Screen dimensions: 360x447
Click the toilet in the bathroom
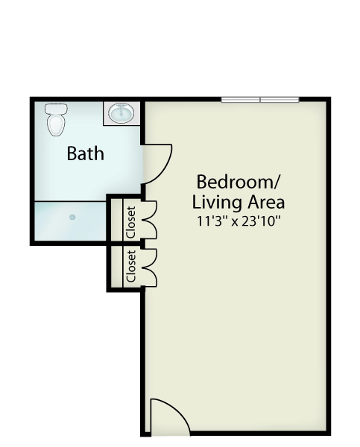[56, 120]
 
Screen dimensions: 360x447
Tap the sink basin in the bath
[121, 113]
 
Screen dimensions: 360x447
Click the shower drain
[72, 218]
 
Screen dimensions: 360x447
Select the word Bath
[85, 153]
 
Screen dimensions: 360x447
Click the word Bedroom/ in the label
[239, 182]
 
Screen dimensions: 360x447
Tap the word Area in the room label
[266, 203]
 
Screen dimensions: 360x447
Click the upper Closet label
[130, 223]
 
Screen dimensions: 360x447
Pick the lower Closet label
[130, 266]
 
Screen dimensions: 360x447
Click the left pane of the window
[241, 100]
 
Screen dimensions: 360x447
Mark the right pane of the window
[280, 100]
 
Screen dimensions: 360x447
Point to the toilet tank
[56, 110]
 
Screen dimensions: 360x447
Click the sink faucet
[121, 108]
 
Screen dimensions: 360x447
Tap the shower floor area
[70, 221]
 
